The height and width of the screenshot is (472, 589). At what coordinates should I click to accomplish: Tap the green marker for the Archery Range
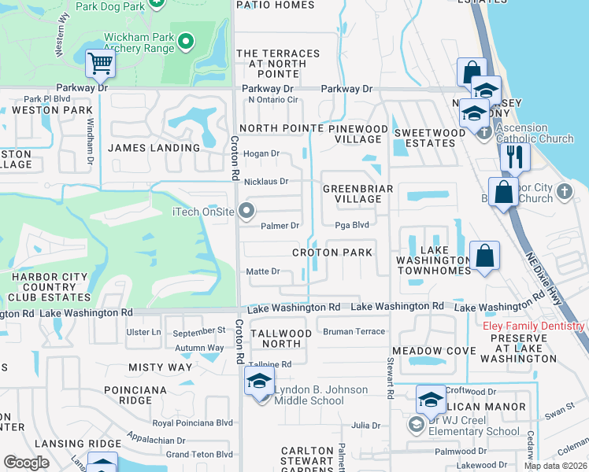click(187, 41)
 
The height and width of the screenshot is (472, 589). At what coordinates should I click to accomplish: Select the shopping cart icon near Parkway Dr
click(100, 64)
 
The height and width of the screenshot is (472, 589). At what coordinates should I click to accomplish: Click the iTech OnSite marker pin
click(247, 210)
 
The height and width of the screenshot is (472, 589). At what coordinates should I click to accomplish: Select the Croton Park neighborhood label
click(332, 253)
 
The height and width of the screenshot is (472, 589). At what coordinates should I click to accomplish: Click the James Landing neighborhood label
click(154, 148)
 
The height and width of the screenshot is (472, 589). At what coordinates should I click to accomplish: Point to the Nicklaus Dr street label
click(266, 182)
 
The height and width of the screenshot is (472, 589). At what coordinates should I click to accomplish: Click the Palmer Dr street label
click(280, 226)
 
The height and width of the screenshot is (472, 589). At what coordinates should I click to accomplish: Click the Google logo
click(26, 463)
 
